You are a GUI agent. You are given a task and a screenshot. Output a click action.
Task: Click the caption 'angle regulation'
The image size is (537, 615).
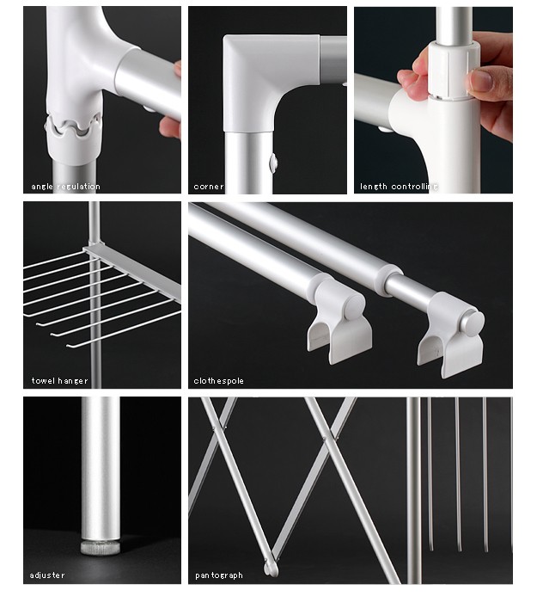pyautogui.click(x=66, y=187)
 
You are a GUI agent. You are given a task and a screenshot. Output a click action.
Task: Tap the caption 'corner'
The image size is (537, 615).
pyautogui.click(x=209, y=187)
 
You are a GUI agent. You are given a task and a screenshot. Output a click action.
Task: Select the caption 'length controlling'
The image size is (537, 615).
pyautogui.click(x=399, y=187)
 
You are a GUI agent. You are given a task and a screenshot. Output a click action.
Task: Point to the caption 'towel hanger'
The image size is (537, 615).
pyautogui.click(x=59, y=381)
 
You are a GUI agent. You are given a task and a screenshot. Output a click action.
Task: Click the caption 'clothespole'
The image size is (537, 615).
pyautogui.click(x=218, y=381)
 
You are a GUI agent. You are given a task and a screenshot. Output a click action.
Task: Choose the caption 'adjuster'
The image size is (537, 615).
pyautogui.click(x=47, y=575)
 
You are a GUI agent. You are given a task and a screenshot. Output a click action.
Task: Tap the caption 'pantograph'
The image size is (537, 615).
pyautogui.click(x=219, y=575)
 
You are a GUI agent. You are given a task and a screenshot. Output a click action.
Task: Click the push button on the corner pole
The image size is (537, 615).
pyautogui.click(x=273, y=163)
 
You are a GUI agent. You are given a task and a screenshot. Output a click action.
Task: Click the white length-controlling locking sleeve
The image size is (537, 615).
pyautogui.click(x=454, y=70)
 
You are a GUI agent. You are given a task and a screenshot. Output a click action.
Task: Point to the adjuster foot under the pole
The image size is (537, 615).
pyautogui.click(x=101, y=547)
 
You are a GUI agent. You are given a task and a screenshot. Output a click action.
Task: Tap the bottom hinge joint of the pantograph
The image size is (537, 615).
pyautogui.click(x=271, y=568)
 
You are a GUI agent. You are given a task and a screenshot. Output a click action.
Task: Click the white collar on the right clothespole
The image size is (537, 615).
pyautogui.click(x=389, y=280)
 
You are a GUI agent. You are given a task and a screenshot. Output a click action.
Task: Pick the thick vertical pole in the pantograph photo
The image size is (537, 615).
pyautogui.click(x=413, y=490)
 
